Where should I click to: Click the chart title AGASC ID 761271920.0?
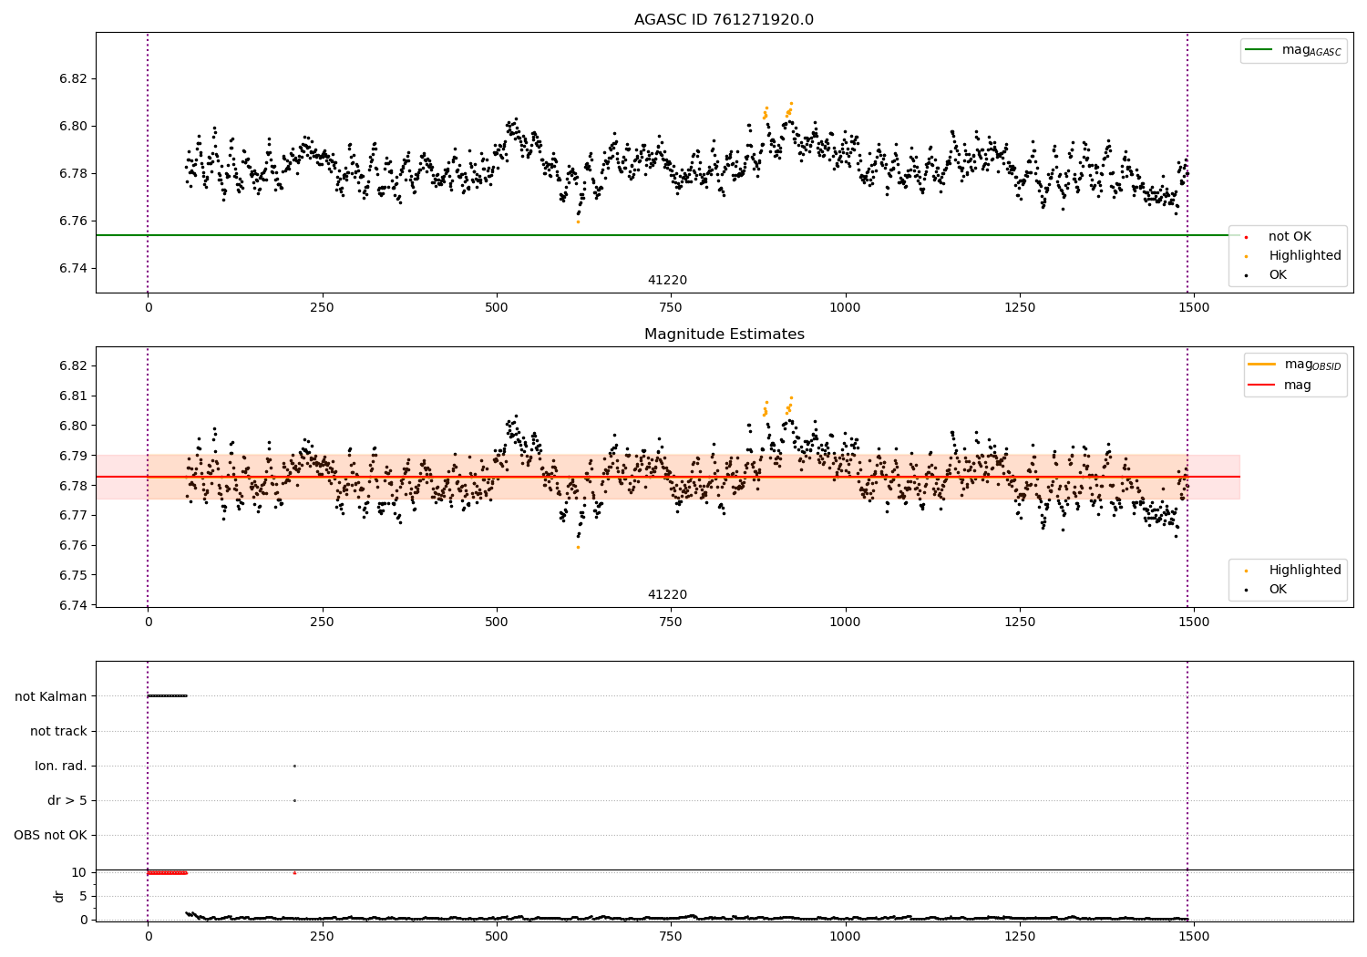click(x=724, y=19)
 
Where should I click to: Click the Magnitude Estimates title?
click(x=725, y=334)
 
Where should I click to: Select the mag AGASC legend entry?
click(x=1293, y=50)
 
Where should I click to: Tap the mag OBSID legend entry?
click(x=1294, y=365)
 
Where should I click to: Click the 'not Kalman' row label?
click(x=51, y=696)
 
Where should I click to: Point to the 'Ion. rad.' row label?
click(x=60, y=766)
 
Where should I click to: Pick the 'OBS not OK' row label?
click(x=51, y=835)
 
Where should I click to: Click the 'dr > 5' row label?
click(x=67, y=800)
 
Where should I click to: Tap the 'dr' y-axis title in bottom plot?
click(x=58, y=896)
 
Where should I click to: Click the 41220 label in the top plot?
click(x=667, y=280)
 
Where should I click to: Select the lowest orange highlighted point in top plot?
click(x=578, y=222)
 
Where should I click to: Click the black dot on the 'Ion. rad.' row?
click(x=294, y=766)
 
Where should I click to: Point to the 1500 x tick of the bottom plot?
click(x=1194, y=936)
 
